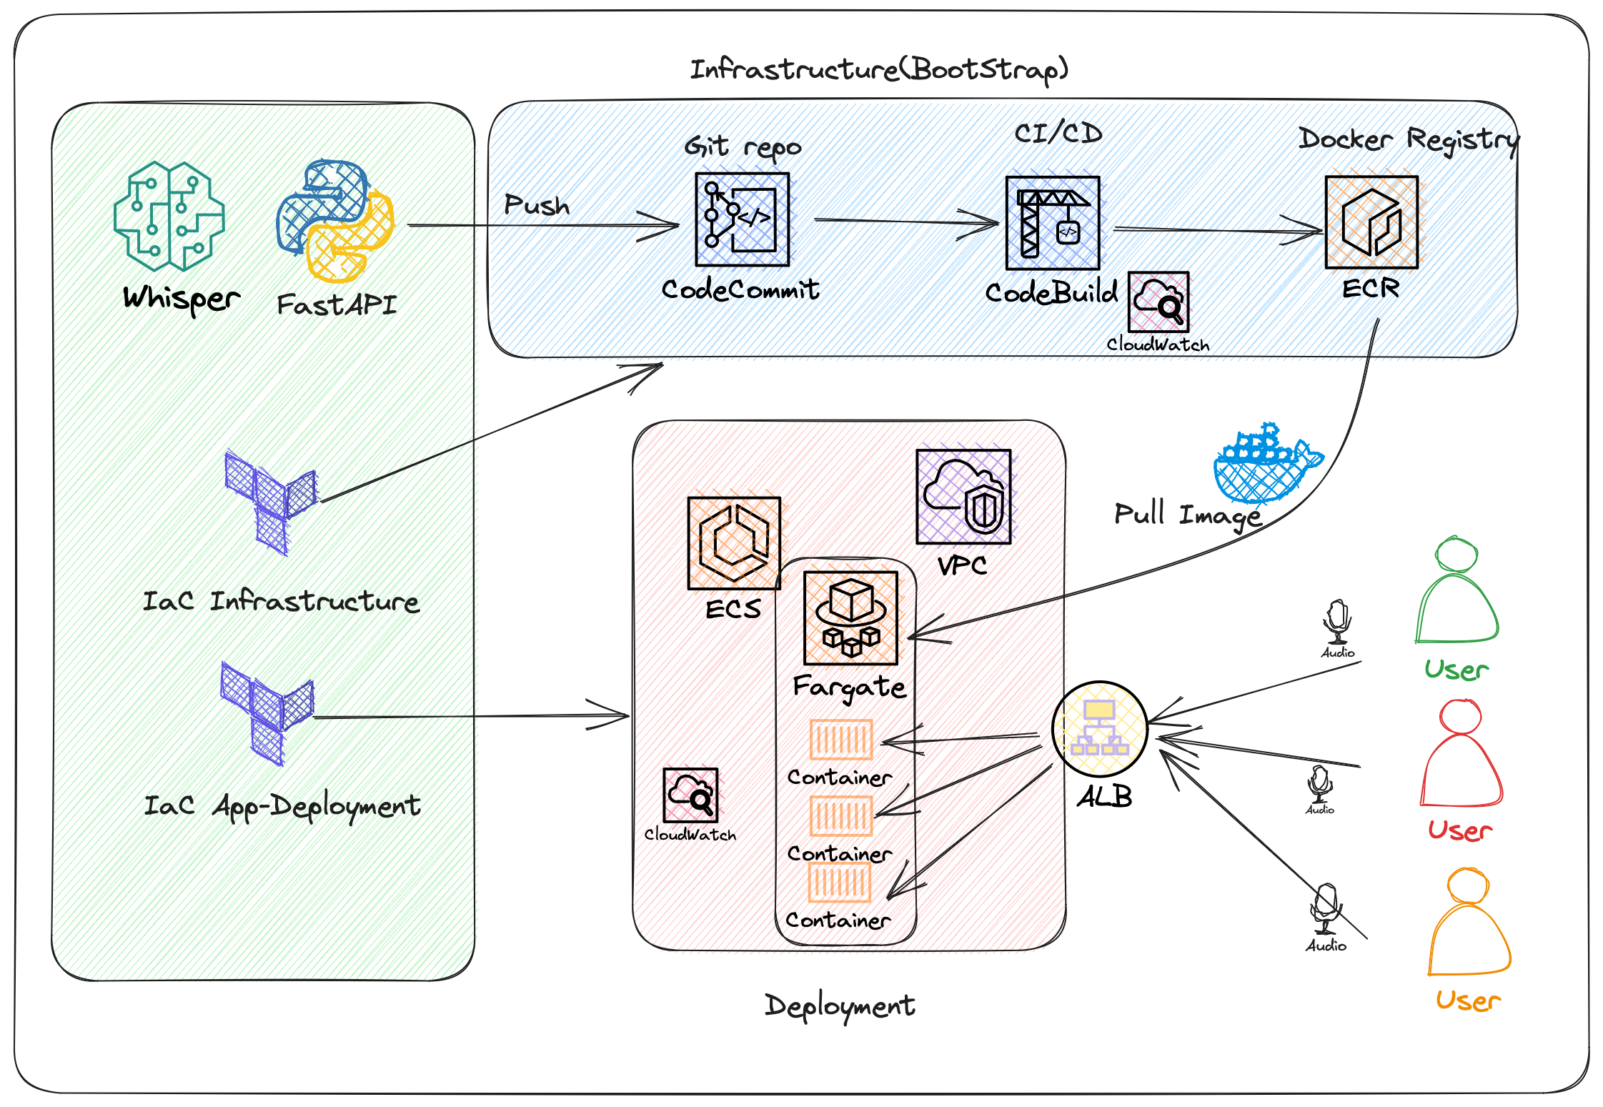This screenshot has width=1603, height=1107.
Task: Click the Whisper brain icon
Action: pos(169,216)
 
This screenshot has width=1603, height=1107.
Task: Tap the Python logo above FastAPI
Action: pos(335,220)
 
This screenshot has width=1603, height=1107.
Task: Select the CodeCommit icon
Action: pos(742,219)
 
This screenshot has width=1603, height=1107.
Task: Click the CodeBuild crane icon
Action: pos(1052,223)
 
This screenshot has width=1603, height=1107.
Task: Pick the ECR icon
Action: pos(1371,222)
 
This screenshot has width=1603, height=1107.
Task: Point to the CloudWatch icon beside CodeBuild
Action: pos(1158,302)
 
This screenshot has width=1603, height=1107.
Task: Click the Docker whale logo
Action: pos(1266,465)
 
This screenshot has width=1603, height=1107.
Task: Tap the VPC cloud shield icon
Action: pos(963,497)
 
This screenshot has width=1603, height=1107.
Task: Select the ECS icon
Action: pos(733,543)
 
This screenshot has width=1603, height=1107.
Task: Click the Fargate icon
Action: pos(850,618)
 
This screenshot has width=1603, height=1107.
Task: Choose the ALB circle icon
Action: pos(1099,729)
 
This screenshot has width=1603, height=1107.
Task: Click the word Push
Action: pos(537,205)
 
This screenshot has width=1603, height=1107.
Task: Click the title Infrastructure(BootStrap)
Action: pos(878,69)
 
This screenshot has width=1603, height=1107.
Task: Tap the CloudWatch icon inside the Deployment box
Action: pos(690,795)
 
